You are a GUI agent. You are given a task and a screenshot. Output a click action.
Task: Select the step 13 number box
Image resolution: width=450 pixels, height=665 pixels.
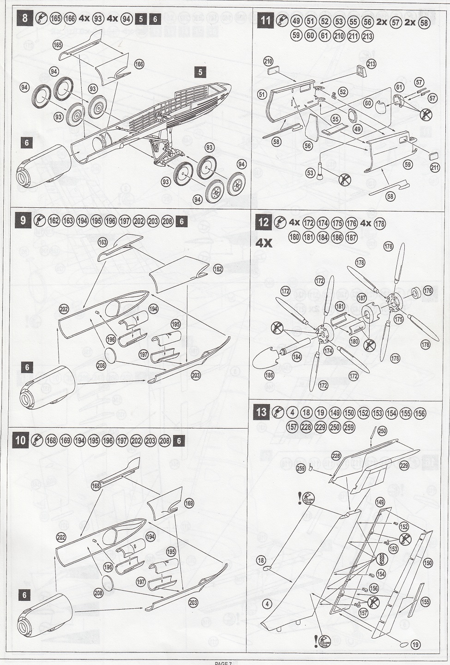coord(262,412)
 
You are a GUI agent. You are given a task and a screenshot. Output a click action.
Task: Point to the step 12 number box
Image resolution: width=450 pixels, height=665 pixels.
coord(263,223)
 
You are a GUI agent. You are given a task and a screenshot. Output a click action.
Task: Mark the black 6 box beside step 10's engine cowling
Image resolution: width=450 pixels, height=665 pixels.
coord(25,595)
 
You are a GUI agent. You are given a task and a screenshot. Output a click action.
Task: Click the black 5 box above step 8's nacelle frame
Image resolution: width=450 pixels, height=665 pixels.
coord(200,72)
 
